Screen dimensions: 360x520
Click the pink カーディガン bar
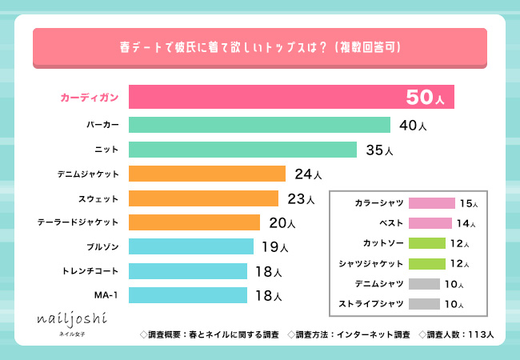click(291, 97)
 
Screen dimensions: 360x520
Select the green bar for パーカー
click(259, 125)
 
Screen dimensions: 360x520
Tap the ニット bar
click(242, 150)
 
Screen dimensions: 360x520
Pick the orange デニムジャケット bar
click(206, 174)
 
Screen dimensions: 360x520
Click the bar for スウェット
click(203, 198)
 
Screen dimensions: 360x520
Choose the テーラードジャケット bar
click(194, 222)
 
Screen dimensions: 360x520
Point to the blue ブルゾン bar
click(191, 246)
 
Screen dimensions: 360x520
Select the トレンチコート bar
click(188, 271)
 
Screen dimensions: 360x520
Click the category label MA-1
click(106, 295)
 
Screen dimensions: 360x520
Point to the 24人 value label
click(308, 174)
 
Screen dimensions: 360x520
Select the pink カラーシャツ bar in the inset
click(431, 203)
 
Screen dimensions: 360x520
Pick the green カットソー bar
click(426, 243)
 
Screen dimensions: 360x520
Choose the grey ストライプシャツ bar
click(424, 303)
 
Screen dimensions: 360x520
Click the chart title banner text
click(259, 48)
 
